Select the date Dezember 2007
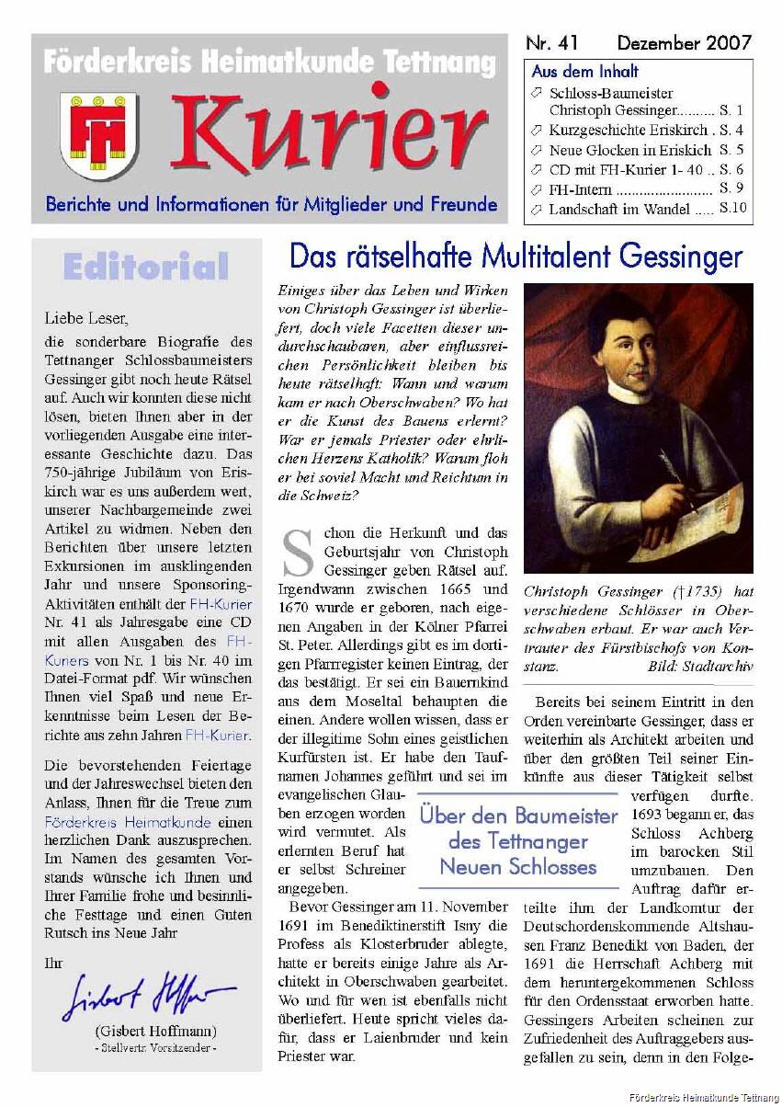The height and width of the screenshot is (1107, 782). click(x=684, y=43)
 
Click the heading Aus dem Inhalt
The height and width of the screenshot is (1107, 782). click(x=585, y=72)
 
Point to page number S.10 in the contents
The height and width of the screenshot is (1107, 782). click(x=732, y=209)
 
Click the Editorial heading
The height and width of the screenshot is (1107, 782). click(x=145, y=267)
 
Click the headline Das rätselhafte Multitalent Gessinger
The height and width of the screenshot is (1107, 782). click(x=515, y=255)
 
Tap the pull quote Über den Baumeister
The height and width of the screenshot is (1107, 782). click(x=518, y=840)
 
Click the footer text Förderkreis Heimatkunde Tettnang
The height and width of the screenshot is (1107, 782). click(x=703, y=1097)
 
